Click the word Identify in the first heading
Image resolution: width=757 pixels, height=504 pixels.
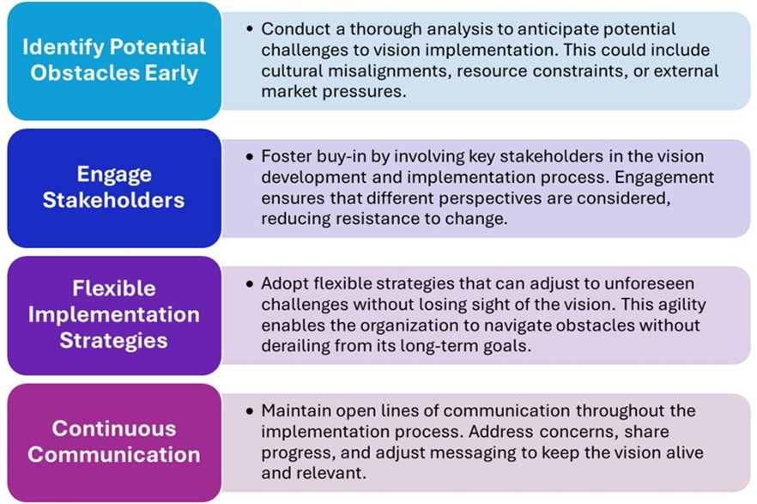(x=63, y=48)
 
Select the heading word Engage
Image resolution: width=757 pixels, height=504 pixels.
(x=114, y=175)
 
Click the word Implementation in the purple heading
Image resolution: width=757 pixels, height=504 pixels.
(x=114, y=315)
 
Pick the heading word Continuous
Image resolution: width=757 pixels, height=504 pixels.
(x=114, y=428)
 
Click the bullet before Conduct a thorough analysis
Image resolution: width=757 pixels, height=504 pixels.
(x=249, y=29)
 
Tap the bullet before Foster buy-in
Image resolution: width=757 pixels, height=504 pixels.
(x=249, y=156)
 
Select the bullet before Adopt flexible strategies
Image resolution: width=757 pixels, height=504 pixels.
(x=249, y=283)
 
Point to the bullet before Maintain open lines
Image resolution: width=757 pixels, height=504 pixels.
(x=249, y=410)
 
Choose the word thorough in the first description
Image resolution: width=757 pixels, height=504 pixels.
(x=385, y=29)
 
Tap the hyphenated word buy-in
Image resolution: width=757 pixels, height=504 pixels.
(x=344, y=157)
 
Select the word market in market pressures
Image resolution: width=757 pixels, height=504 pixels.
(x=289, y=92)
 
